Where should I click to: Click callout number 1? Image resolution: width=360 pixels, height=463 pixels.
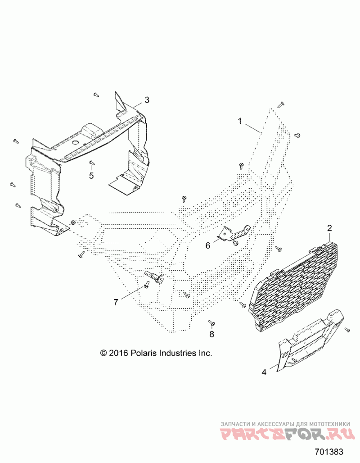240,121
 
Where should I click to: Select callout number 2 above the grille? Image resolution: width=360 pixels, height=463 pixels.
329,228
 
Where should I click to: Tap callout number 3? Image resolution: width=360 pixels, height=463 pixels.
147,100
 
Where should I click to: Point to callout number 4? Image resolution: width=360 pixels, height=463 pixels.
265,372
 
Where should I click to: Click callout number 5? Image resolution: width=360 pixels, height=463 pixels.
91,176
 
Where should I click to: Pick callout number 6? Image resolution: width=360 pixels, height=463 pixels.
208,245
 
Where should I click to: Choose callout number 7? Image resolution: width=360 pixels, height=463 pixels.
116,302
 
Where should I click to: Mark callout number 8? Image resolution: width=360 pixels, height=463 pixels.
212,334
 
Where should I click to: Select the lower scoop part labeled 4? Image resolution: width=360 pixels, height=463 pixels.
310,342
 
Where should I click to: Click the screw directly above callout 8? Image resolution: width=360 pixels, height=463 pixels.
211,323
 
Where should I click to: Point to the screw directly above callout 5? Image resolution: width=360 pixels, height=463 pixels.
91,163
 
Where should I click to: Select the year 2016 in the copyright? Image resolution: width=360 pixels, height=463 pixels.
119,353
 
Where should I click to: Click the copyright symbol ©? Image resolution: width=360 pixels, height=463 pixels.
103,354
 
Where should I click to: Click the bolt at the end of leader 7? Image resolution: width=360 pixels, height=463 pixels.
148,285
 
